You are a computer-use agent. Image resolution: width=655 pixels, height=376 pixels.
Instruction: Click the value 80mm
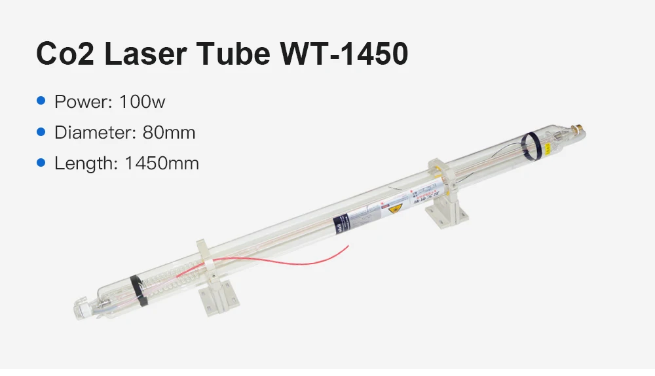tap(169, 133)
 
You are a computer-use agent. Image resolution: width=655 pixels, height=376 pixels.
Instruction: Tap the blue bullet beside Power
tap(42, 101)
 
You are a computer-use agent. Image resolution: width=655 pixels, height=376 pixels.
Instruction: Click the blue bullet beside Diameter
tap(42, 132)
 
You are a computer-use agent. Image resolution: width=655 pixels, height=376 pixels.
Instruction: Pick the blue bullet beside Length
tap(42, 163)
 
